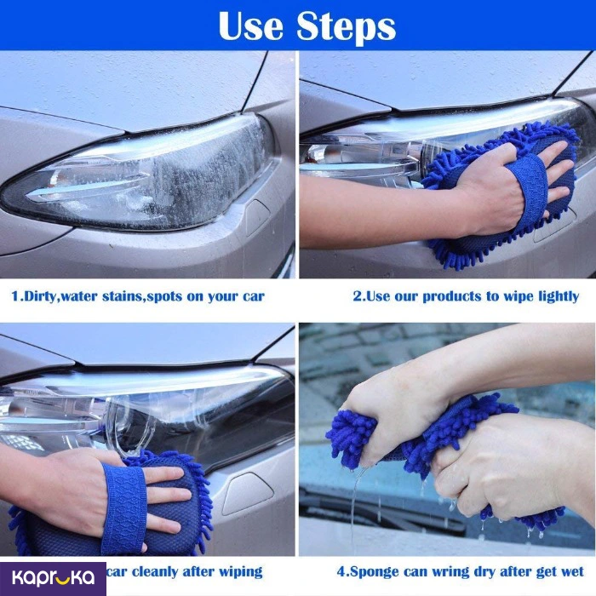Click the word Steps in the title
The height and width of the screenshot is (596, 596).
pos(347,27)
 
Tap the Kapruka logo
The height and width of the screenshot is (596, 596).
pos(53,578)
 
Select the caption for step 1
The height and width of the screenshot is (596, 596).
pos(138,296)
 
